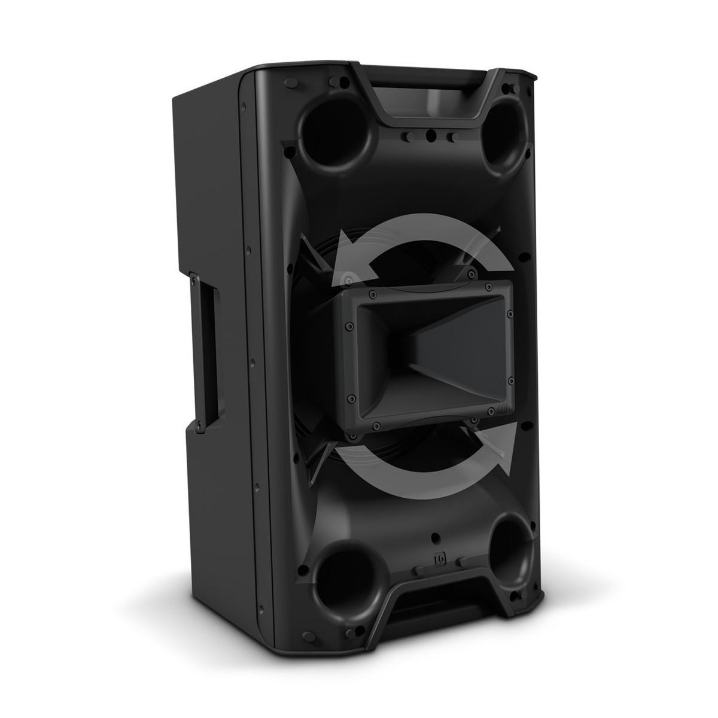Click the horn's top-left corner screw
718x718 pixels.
pos(372,294)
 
